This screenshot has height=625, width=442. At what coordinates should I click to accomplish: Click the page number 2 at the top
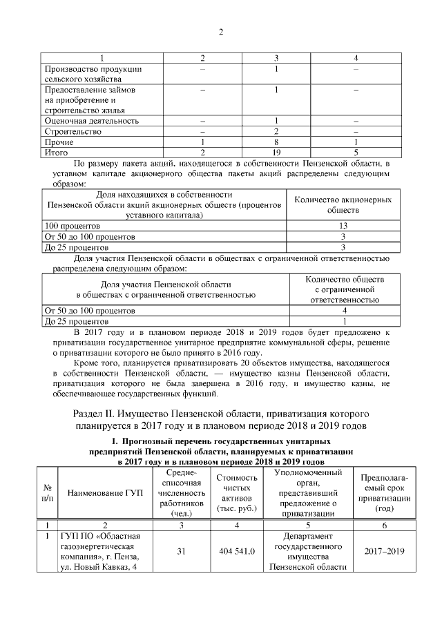click(x=221, y=32)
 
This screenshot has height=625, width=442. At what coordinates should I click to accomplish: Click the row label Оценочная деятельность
click(x=91, y=121)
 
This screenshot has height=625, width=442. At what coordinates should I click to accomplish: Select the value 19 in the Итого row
click(x=276, y=152)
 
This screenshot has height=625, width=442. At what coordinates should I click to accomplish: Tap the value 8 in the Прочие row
click(x=276, y=142)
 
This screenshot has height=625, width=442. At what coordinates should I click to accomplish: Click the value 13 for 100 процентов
click(x=343, y=226)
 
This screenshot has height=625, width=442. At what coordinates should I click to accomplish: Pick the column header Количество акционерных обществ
click(x=343, y=204)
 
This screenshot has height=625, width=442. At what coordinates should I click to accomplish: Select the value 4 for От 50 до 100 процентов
click(x=343, y=311)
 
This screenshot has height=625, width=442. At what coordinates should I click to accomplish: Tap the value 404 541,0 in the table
click(x=237, y=552)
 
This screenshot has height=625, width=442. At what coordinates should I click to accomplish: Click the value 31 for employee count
click(x=181, y=552)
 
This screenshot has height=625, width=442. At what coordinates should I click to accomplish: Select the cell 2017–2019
click(x=383, y=552)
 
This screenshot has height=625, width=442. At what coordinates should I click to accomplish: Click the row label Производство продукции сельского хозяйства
click(x=93, y=75)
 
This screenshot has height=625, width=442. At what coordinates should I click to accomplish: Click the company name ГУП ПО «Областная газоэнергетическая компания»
click(x=102, y=552)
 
